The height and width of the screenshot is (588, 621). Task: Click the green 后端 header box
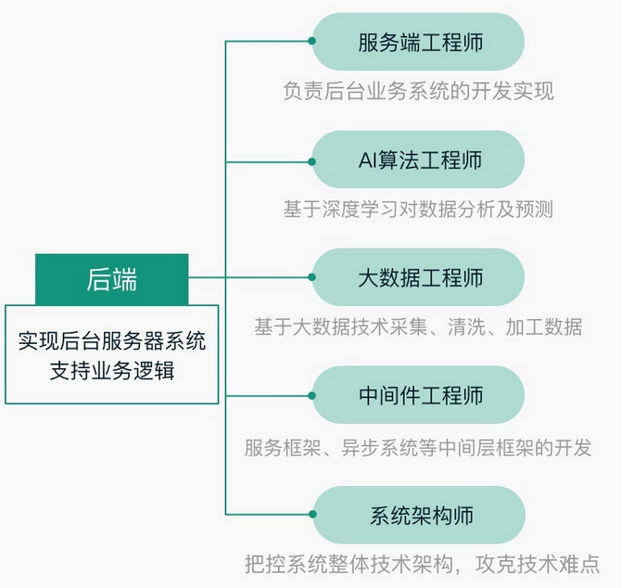point(111,278)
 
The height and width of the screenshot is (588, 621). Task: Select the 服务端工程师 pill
point(419,42)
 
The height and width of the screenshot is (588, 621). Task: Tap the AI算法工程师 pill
point(419,160)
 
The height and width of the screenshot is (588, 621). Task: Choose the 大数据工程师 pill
point(419,277)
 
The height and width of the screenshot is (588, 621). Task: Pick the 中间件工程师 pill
point(419,396)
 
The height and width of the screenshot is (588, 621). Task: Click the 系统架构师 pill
point(419,514)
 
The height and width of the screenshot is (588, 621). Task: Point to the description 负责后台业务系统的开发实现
point(418,91)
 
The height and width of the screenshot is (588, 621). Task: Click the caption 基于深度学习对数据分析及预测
point(418,209)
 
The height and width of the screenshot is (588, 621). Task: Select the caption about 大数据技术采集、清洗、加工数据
point(418,326)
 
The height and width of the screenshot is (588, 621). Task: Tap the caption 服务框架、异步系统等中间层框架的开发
point(418,446)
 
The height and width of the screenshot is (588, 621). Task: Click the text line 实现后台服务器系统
point(111,340)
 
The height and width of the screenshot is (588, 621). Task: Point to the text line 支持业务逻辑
point(111,371)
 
